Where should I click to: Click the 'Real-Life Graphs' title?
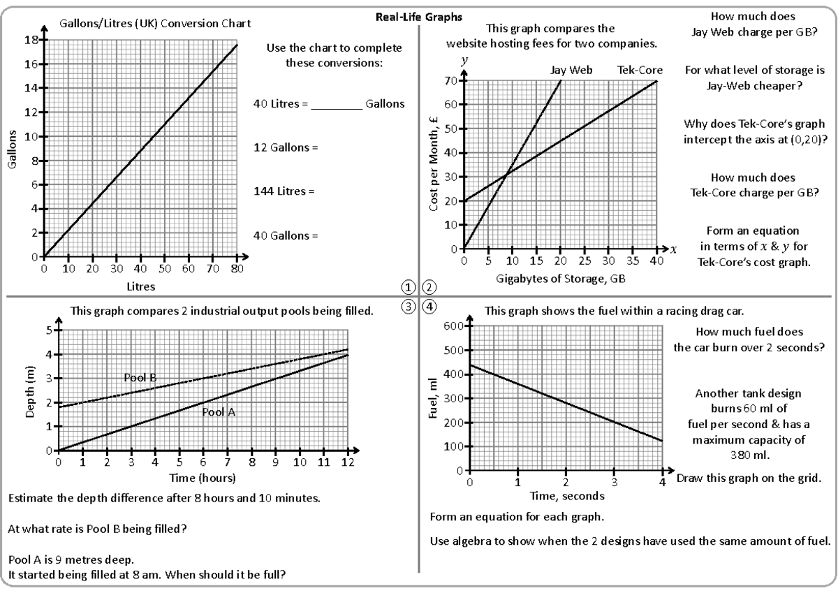click(x=418, y=16)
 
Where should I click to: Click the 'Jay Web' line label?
click(x=566, y=71)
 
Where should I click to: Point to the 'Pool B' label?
click(x=140, y=378)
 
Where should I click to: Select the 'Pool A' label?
click(x=219, y=412)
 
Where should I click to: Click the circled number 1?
click(x=409, y=286)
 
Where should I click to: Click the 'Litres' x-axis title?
click(x=140, y=286)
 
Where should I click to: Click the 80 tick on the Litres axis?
click(x=237, y=268)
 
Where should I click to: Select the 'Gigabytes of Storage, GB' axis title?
click(x=560, y=279)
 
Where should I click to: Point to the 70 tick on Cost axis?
click(x=453, y=81)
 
